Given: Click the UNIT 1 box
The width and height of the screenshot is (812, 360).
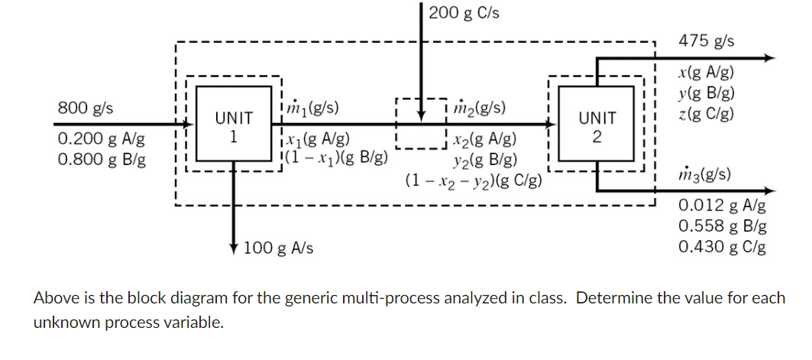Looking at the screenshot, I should pos(233,127).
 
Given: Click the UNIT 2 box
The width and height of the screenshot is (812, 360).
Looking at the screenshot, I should pos(597,127).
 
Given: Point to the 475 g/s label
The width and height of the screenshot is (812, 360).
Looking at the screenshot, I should pos(706,41).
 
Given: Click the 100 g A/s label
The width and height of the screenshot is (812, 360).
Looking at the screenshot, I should pos(278,248).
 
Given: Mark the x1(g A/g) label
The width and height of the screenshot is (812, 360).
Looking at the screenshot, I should pos(316,139).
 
